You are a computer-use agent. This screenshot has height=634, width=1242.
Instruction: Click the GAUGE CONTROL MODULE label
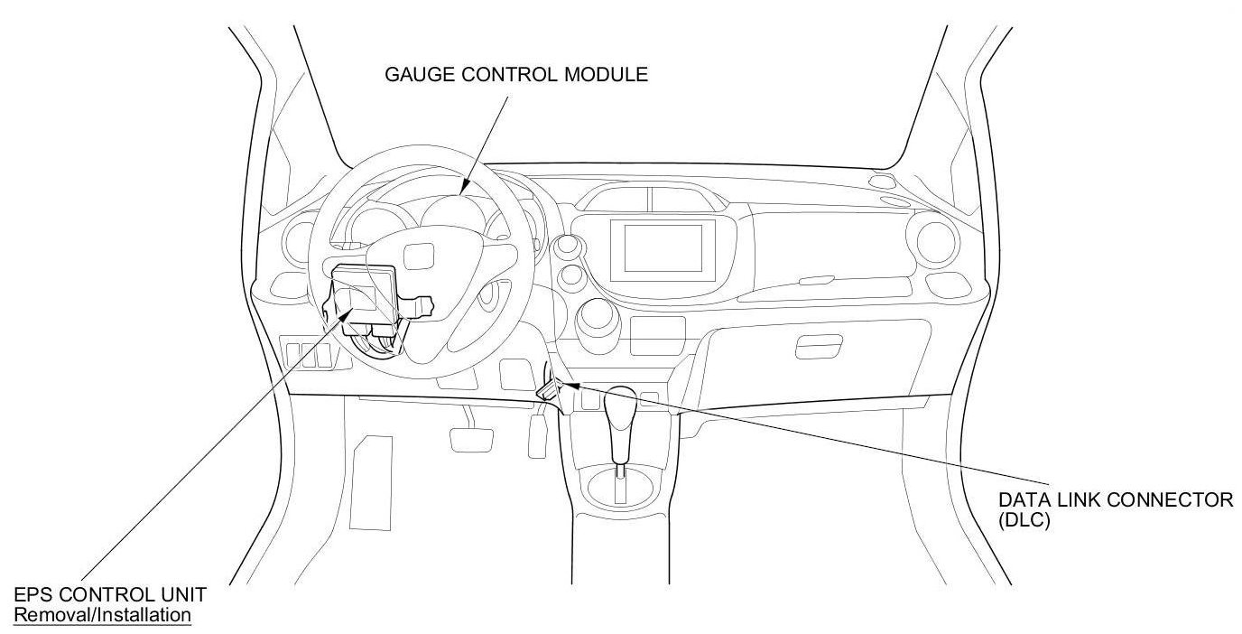(516, 74)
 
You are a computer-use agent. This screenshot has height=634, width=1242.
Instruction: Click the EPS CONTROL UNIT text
(110, 595)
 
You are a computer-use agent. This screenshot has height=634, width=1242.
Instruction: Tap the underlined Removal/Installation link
(103, 615)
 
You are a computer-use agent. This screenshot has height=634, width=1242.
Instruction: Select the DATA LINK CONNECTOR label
(1116, 500)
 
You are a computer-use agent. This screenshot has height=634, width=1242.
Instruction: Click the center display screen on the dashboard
(663, 247)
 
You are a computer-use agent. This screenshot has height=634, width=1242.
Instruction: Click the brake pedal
(468, 437)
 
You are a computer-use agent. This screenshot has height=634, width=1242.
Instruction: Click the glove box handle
(815, 345)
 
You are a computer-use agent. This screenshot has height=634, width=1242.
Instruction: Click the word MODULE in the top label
(606, 74)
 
